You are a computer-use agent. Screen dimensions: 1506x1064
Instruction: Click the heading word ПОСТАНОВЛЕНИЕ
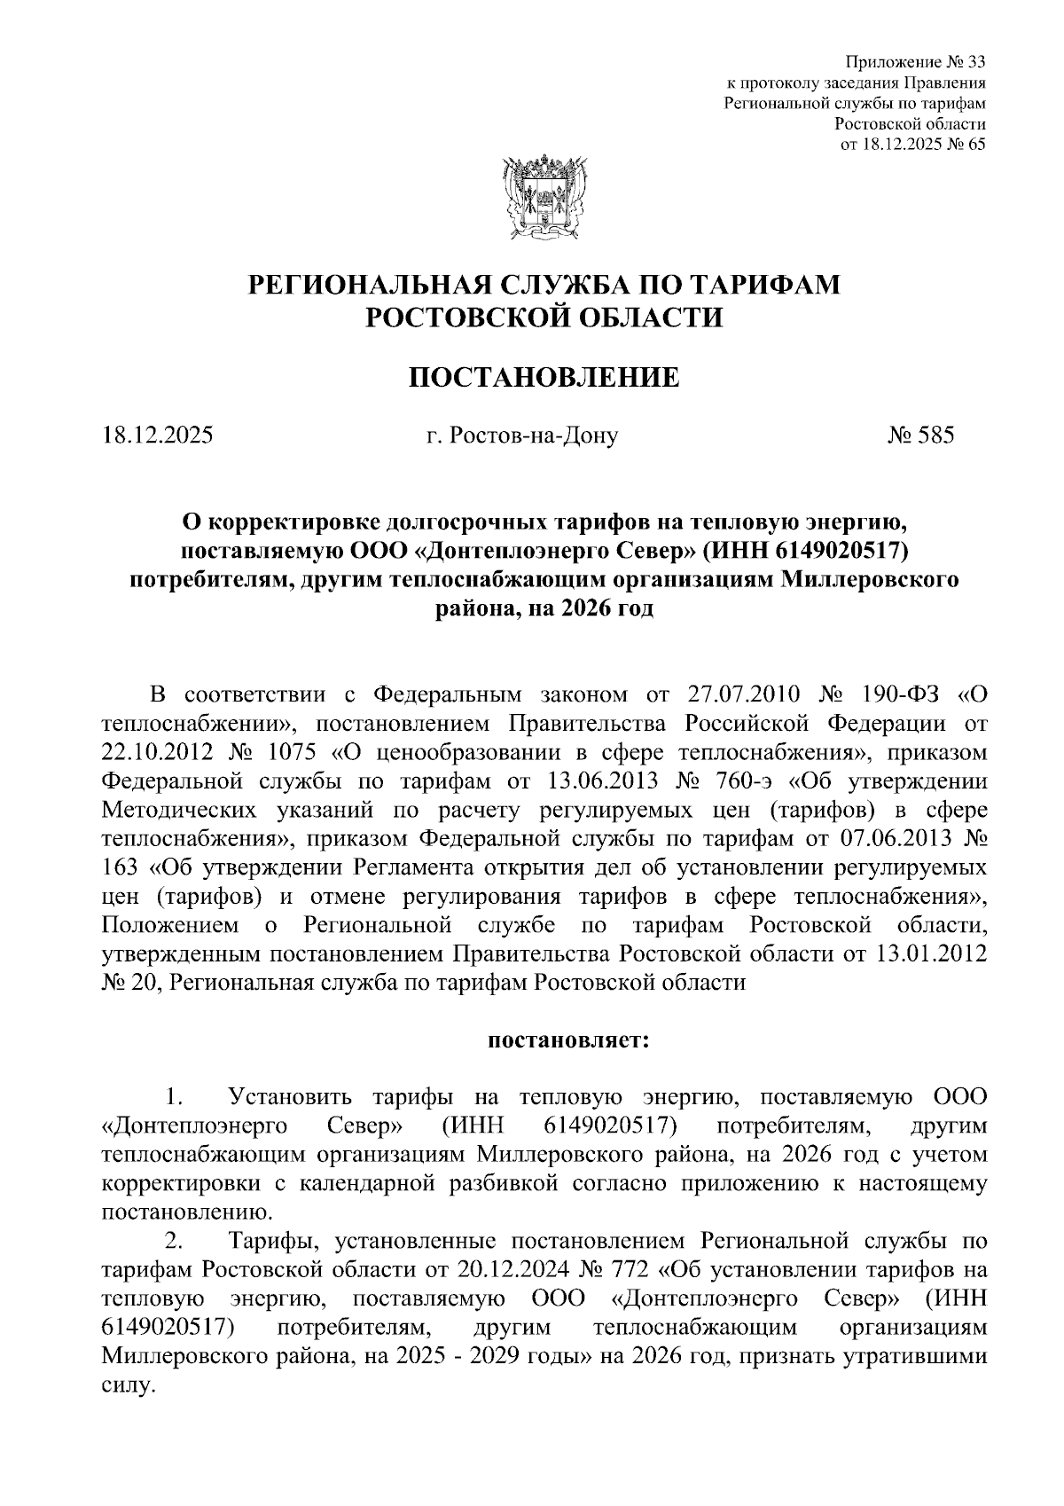544,379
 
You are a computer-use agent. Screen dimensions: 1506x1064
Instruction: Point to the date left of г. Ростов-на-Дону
157,435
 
